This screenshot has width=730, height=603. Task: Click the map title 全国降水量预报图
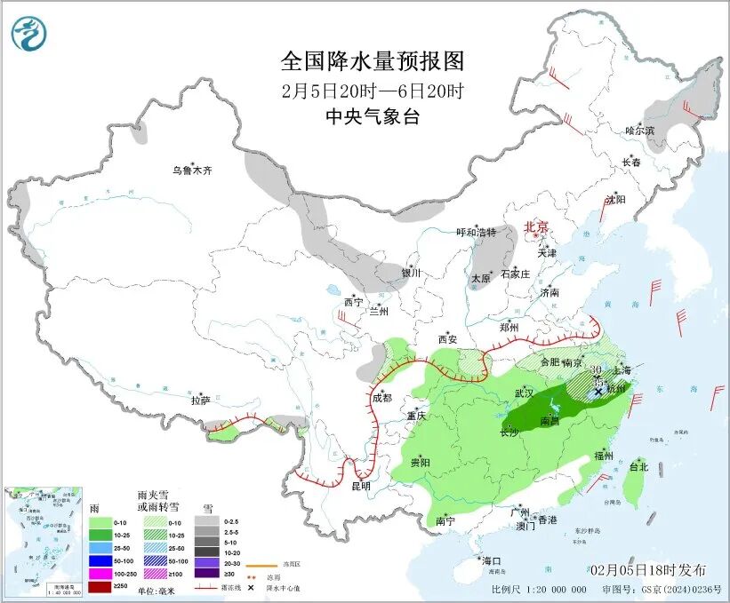[373, 61]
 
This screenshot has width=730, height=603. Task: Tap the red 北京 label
[538, 227]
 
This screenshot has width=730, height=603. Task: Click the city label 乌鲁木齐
[193, 171]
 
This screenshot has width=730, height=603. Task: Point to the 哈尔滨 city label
[639, 131]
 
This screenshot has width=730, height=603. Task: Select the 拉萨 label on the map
[200, 401]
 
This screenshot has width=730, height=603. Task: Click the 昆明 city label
[360, 487]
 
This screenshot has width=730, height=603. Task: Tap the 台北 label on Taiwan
[638, 466]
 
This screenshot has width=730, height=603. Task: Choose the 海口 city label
[492, 561]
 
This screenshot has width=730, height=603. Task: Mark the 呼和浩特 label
[476, 232]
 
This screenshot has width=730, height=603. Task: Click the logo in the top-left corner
[29, 34]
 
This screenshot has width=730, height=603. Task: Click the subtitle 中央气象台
[373, 116]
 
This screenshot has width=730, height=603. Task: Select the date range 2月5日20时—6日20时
[373, 91]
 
